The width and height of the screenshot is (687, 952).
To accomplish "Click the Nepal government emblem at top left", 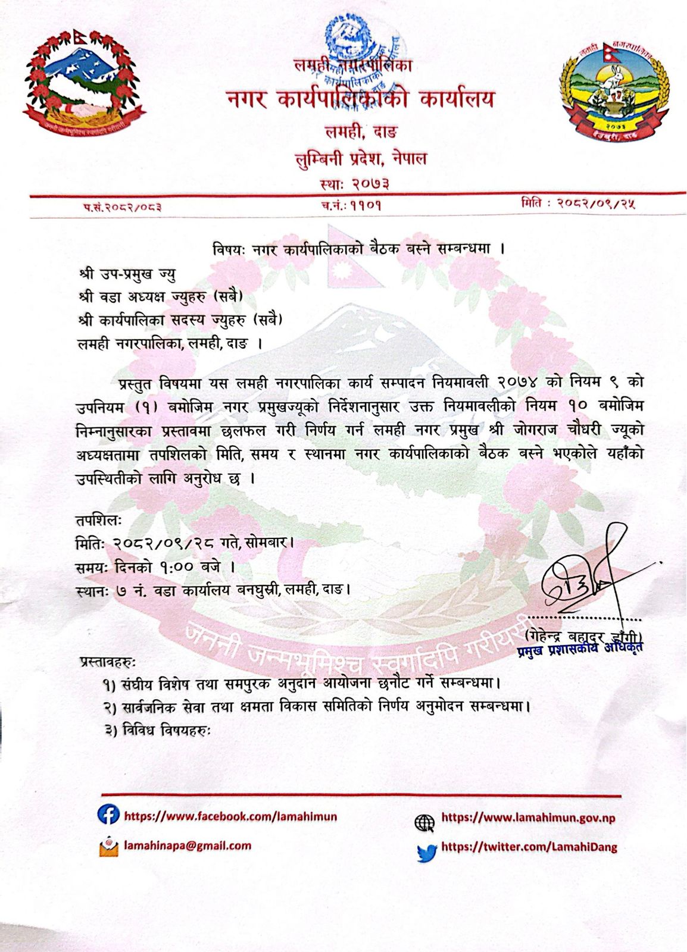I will tap(85, 83).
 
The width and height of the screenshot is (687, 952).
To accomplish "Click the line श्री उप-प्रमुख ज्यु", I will tap(127, 274).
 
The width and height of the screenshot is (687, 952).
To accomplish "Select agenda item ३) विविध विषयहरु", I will tap(158, 730).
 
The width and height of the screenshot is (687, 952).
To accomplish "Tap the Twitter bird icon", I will tap(426, 852).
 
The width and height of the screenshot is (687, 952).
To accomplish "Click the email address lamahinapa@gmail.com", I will tap(188, 845).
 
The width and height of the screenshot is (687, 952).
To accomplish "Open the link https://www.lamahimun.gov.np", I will tap(527, 818).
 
